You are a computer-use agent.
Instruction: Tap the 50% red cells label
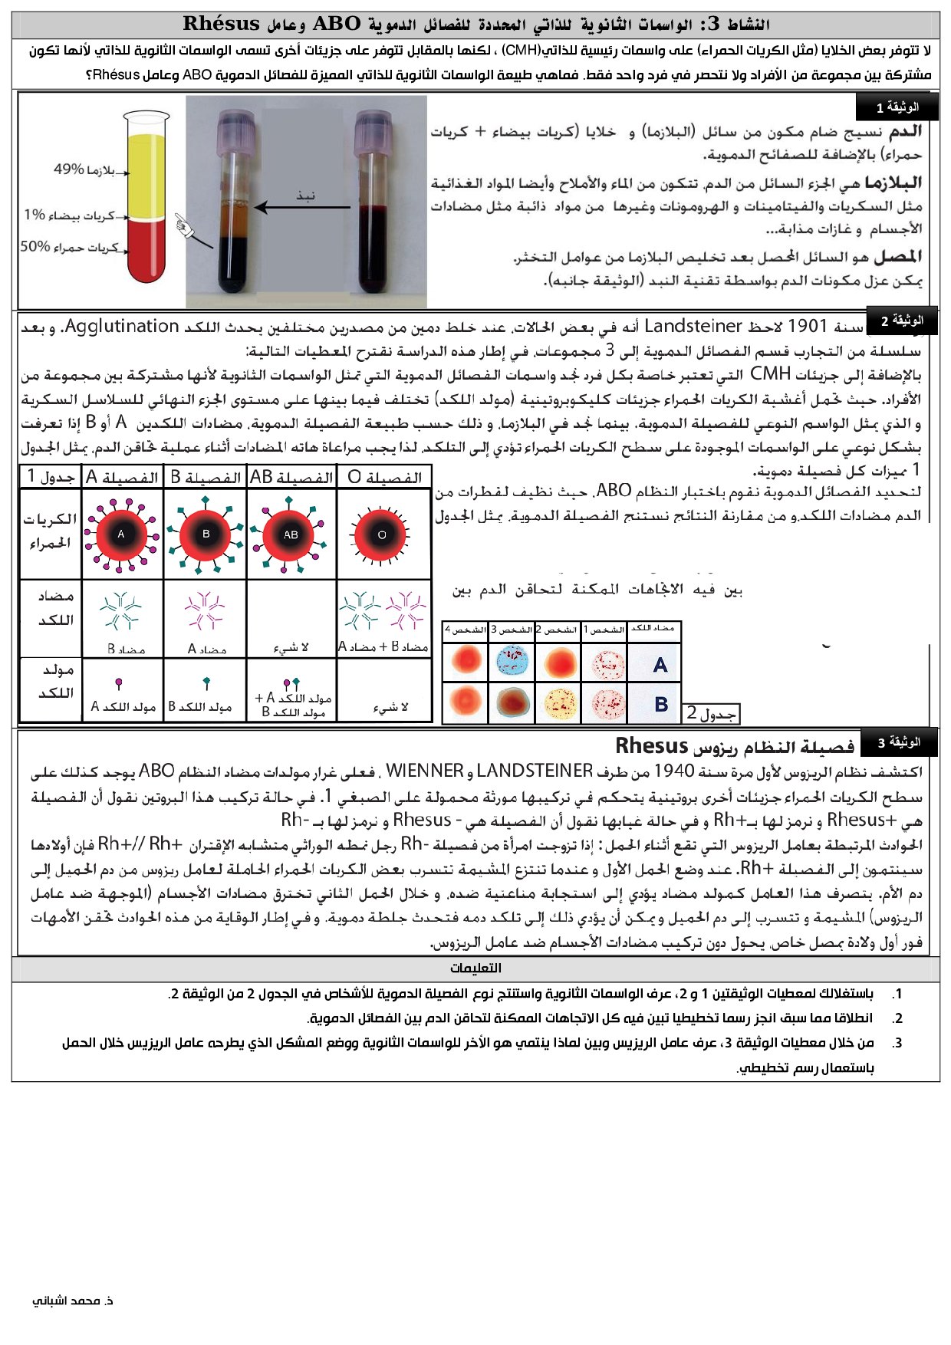(x=69, y=247)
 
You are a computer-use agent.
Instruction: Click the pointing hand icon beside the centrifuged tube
(x=184, y=225)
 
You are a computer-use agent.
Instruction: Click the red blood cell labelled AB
(x=291, y=534)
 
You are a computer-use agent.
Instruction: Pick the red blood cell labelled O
(x=381, y=534)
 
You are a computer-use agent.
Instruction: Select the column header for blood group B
(x=206, y=477)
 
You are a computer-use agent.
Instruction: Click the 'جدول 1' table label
(x=51, y=477)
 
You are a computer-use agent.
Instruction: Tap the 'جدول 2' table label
(x=711, y=713)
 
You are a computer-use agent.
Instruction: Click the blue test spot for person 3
(x=512, y=662)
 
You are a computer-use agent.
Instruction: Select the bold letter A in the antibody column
(x=660, y=665)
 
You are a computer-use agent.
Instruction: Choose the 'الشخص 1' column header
(x=604, y=630)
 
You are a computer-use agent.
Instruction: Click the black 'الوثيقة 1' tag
(x=897, y=107)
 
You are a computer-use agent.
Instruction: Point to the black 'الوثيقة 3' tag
(x=898, y=742)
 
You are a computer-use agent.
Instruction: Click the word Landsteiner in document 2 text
(x=693, y=327)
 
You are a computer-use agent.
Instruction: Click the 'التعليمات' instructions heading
(x=475, y=968)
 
